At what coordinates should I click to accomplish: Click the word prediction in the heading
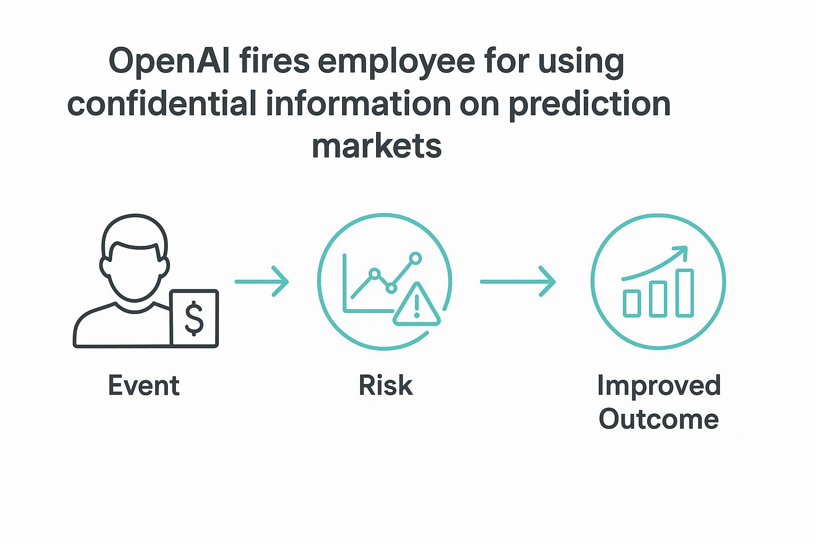[590, 104]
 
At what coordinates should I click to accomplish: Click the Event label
[144, 386]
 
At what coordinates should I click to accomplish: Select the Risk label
[386, 386]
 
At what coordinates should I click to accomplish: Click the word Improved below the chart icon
[659, 386]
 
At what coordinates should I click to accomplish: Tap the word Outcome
[659, 419]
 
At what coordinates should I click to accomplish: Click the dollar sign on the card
[194, 319]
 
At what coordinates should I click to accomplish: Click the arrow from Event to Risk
[261, 282]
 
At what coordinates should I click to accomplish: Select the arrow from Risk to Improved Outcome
[517, 282]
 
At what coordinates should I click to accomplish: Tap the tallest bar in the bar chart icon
[685, 293]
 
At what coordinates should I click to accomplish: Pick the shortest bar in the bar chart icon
[632, 303]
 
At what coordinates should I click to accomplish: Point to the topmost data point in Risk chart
[416, 258]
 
